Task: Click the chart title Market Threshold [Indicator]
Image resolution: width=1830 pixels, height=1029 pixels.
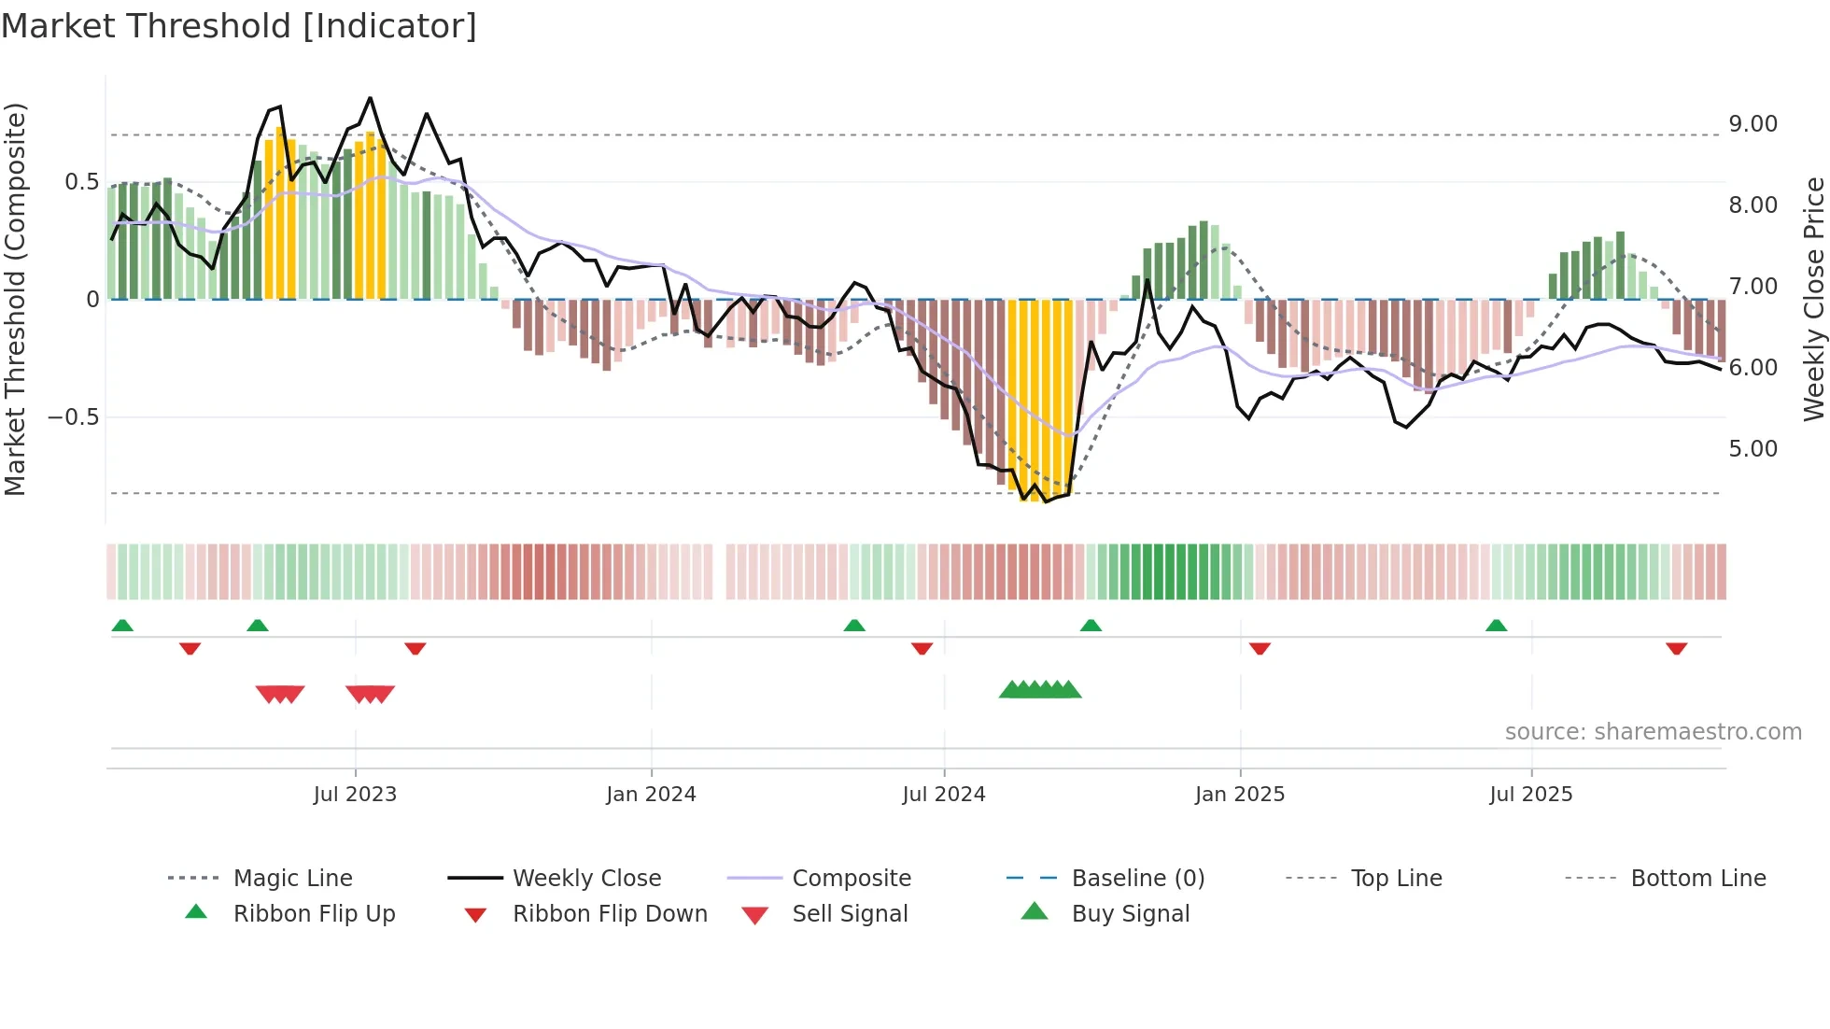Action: point(239,26)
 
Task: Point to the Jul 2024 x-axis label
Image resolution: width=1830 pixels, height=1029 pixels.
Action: point(943,794)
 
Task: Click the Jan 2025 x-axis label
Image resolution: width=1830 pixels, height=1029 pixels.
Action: point(1239,794)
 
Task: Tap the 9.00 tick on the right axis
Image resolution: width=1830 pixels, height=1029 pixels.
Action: point(1753,124)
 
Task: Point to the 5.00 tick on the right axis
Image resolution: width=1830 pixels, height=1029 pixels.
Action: point(1753,449)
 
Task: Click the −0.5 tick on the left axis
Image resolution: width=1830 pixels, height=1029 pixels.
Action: point(74,416)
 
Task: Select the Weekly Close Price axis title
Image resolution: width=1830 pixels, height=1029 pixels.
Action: point(1813,299)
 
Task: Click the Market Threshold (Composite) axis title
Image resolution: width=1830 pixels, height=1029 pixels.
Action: point(15,299)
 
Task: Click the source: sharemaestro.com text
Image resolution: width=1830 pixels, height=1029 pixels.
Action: point(1653,731)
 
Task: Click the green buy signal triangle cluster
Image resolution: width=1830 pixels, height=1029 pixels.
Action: point(1040,690)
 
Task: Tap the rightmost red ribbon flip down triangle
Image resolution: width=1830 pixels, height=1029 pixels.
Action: point(1676,648)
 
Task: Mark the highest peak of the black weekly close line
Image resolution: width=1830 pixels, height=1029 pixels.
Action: point(370,98)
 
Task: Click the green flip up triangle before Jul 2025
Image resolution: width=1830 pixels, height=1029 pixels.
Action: point(1496,626)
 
